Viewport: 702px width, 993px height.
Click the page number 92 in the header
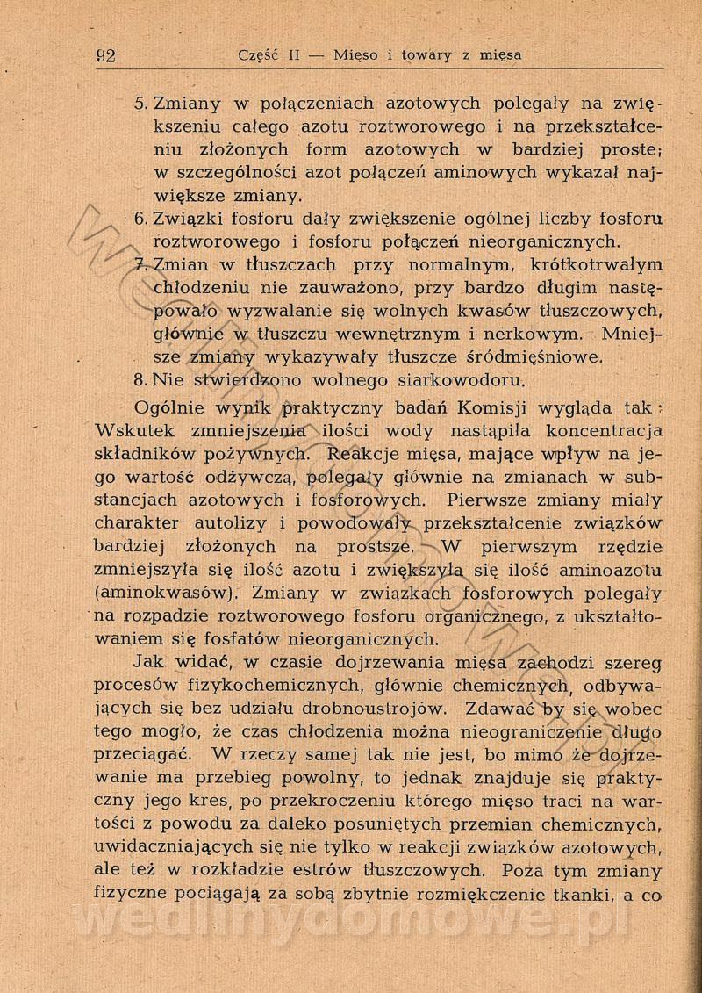click(x=106, y=55)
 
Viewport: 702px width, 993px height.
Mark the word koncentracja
click(x=605, y=431)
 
